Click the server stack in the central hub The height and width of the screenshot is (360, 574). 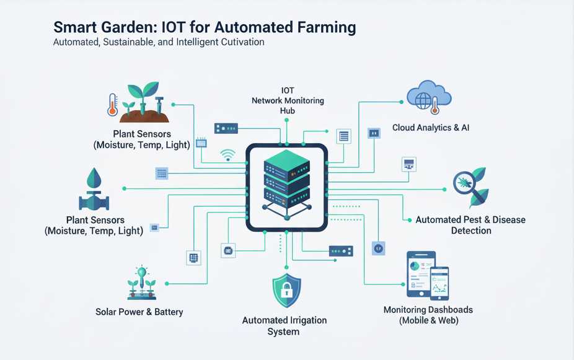[x=286, y=180]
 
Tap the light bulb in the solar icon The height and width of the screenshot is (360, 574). [x=142, y=273]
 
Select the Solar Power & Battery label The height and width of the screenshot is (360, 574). [x=139, y=312]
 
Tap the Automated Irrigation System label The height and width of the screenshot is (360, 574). [x=284, y=326]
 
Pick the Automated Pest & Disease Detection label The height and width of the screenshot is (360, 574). [x=470, y=225]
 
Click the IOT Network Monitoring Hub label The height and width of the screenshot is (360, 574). [x=287, y=100]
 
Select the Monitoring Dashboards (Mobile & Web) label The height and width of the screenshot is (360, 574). [x=428, y=315]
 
